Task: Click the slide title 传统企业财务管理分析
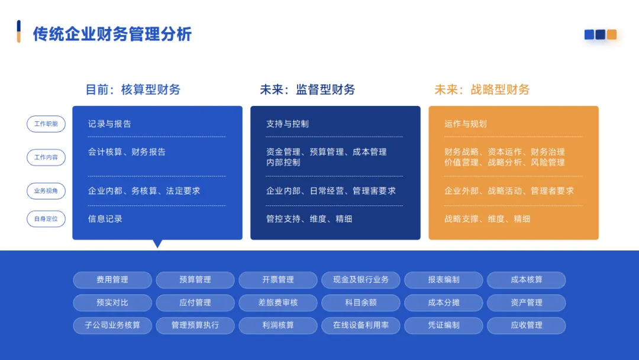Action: click(x=112, y=34)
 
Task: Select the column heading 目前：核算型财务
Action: click(x=133, y=89)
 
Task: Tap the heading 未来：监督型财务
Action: click(x=308, y=89)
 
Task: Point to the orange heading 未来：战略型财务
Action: click(x=482, y=89)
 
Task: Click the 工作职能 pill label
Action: click(x=46, y=124)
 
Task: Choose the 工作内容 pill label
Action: click(x=46, y=157)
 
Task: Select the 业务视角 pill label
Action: click(x=46, y=191)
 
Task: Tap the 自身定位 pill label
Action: click(x=46, y=218)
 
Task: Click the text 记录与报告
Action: click(x=109, y=124)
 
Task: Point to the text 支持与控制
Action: click(x=288, y=124)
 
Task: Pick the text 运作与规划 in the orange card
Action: click(x=466, y=124)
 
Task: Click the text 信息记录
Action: click(x=105, y=218)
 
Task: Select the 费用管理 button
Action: click(x=112, y=279)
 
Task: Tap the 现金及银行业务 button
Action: click(x=361, y=279)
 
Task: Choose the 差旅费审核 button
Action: click(x=278, y=303)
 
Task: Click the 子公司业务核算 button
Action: click(x=112, y=325)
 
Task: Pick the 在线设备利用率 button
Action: click(x=361, y=325)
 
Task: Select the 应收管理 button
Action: click(x=527, y=325)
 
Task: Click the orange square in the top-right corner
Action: click(x=612, y=34)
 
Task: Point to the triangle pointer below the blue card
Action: click(x=157, y=243)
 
